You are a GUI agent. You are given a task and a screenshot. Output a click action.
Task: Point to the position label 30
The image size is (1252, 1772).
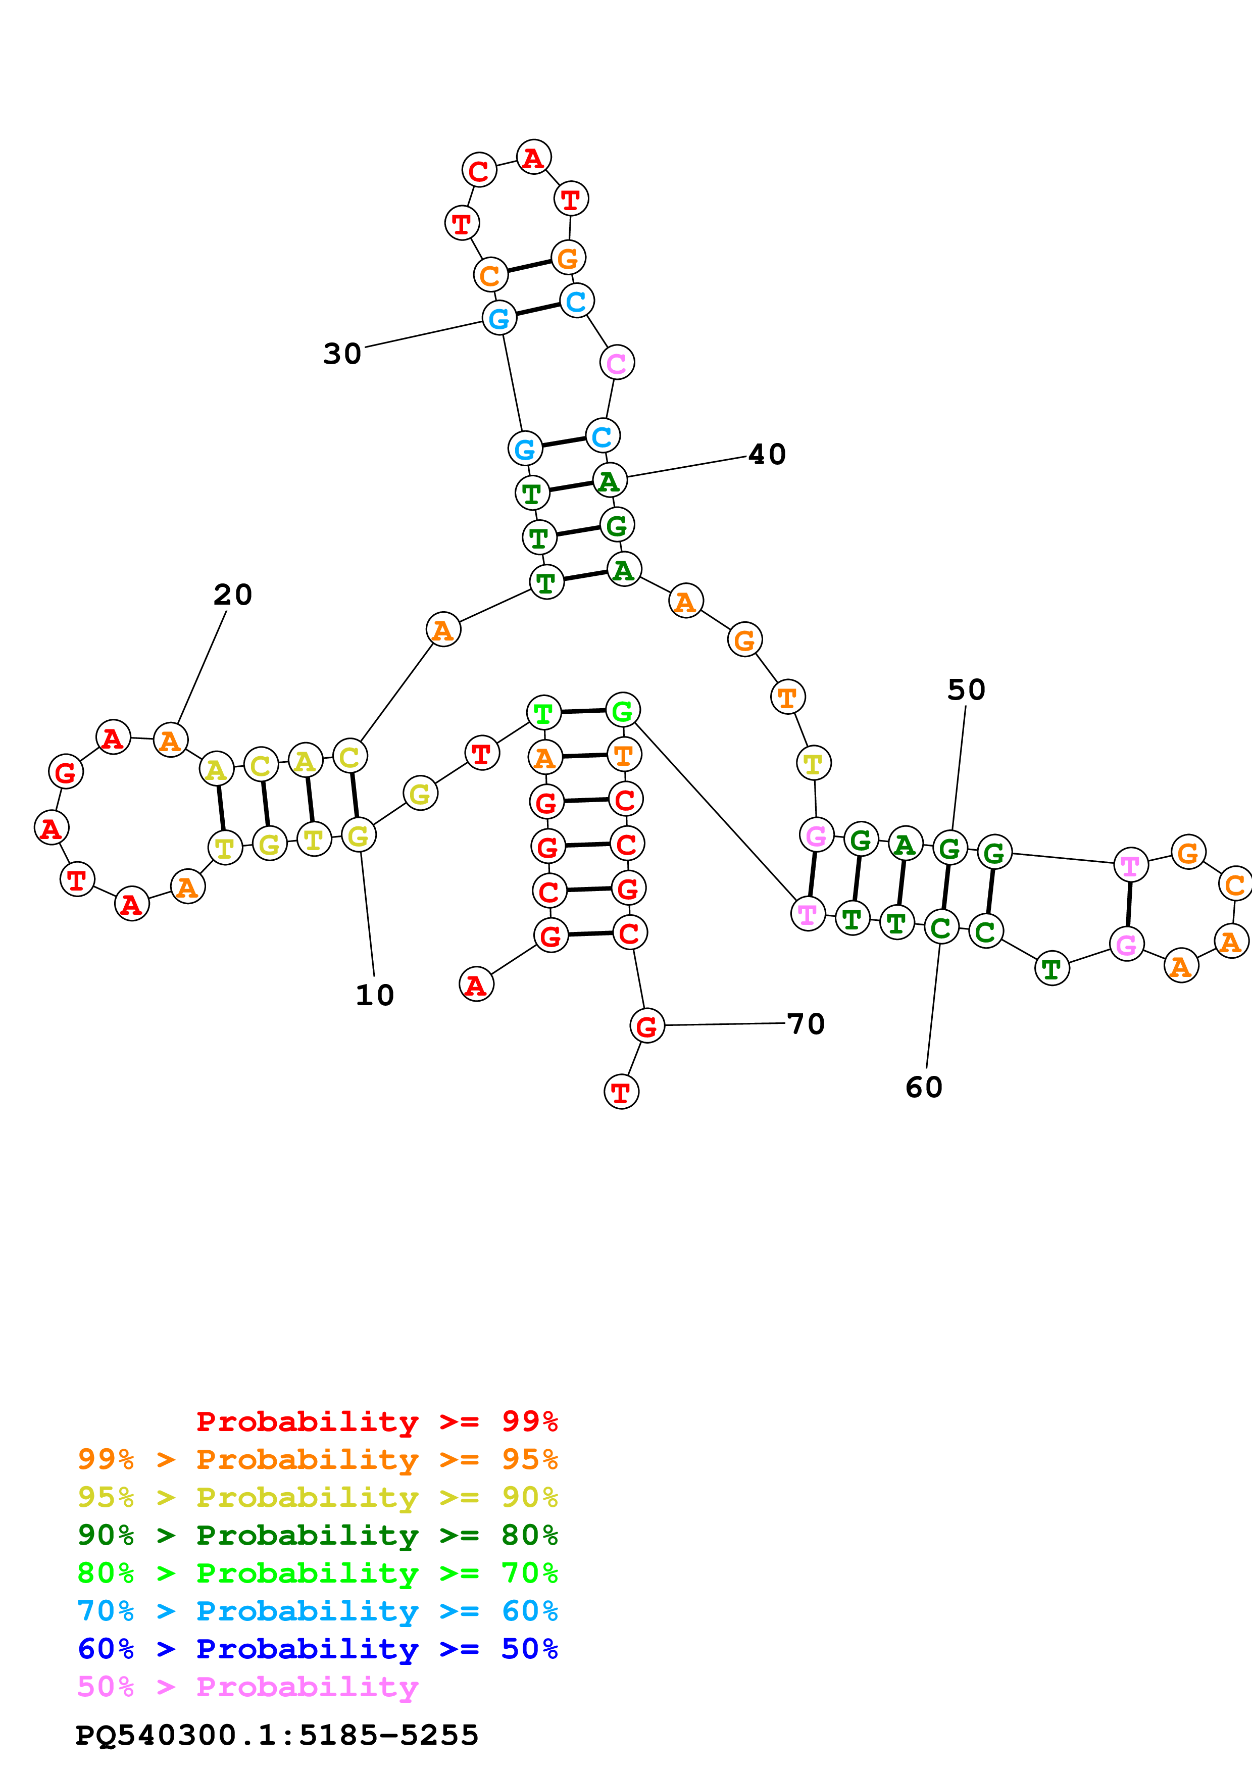click(x=342, y=354)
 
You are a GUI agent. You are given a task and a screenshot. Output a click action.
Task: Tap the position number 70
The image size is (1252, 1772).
click(x=806, y=1024)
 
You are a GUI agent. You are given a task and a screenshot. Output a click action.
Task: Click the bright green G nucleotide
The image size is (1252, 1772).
click(x=623, y=711)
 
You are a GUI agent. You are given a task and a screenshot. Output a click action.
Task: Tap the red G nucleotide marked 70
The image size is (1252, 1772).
click(x=646, y=1026)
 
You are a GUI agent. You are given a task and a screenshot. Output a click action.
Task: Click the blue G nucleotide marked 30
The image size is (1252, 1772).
click(x=499, y=318)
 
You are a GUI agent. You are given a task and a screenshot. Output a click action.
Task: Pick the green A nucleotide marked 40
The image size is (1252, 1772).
click(x=610, y=481)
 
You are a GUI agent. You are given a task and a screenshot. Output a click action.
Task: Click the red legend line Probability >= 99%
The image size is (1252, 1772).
click(x=376, y=1421)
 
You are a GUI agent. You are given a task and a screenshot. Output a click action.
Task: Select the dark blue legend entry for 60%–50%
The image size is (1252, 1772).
click(x=317, y=1649)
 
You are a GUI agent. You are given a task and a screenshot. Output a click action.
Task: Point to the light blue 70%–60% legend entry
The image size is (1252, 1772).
click(x=317, y=1611)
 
